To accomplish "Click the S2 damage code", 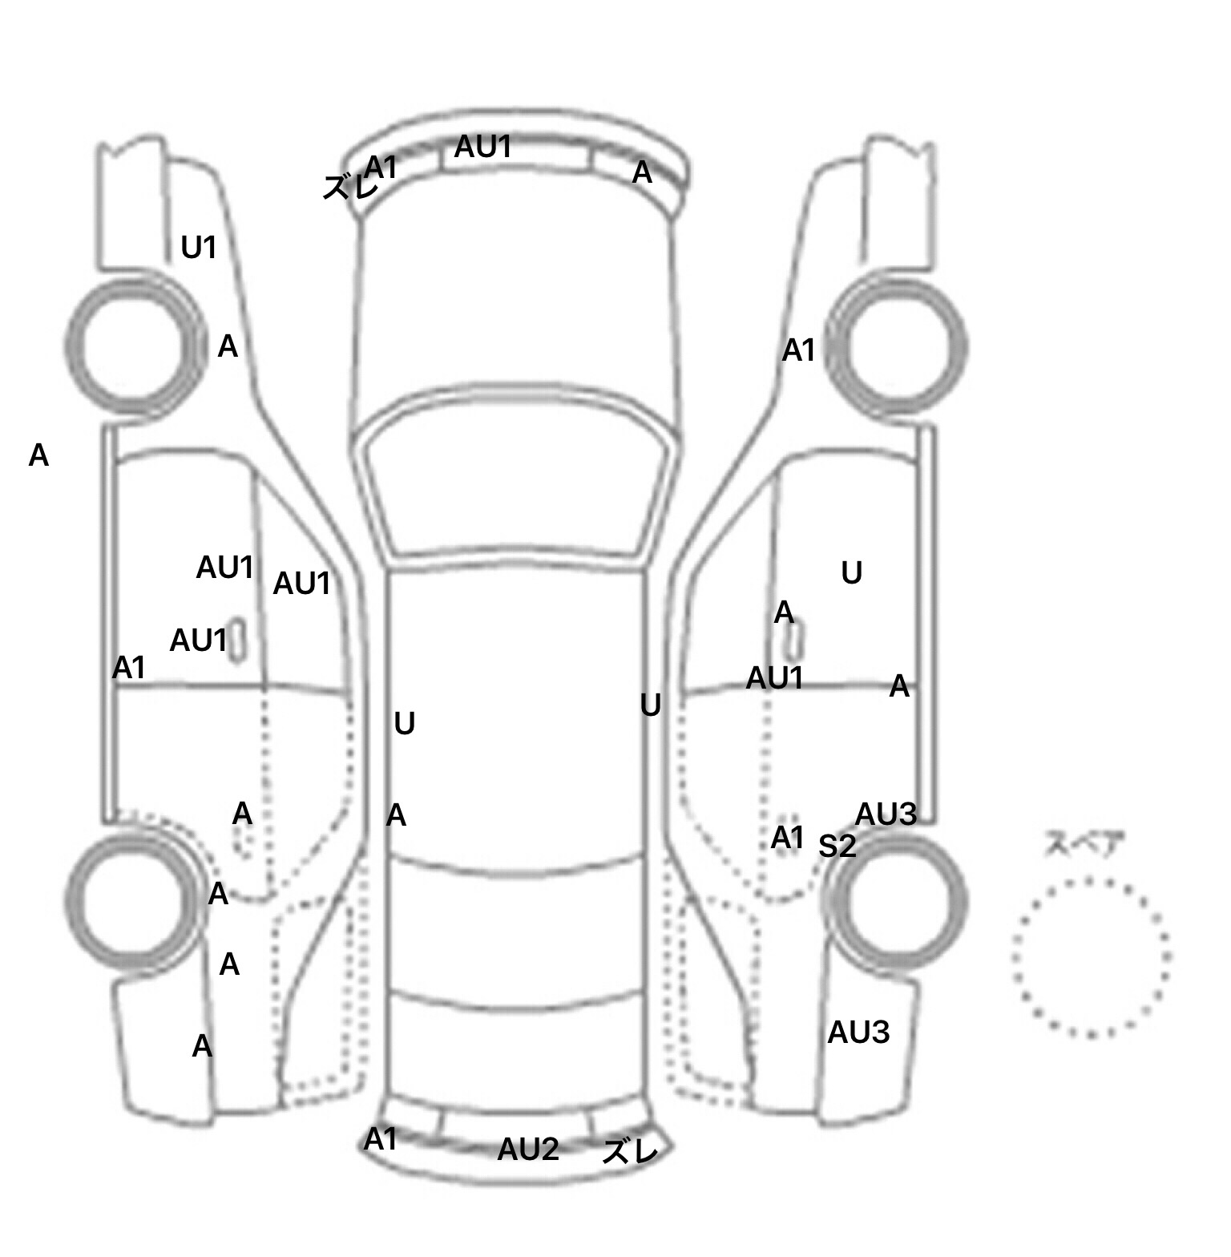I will pos(837,846).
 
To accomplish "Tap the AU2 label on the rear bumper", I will pos(527,1150).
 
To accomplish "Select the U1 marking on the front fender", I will pos(199,248).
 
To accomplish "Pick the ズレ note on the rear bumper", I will pos(630,1152).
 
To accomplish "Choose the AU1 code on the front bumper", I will pos(482,147).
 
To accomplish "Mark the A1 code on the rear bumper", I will pos(380,1139).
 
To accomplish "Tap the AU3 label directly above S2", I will pos(886,814).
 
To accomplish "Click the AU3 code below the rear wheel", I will pos(858,1033).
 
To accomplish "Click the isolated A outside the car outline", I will pos(38,455).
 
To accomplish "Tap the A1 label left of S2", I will pos(787,838).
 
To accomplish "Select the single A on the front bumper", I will pos(642,172).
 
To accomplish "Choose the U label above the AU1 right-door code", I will pos(851,572).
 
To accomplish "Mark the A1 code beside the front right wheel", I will pos(798,350).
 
